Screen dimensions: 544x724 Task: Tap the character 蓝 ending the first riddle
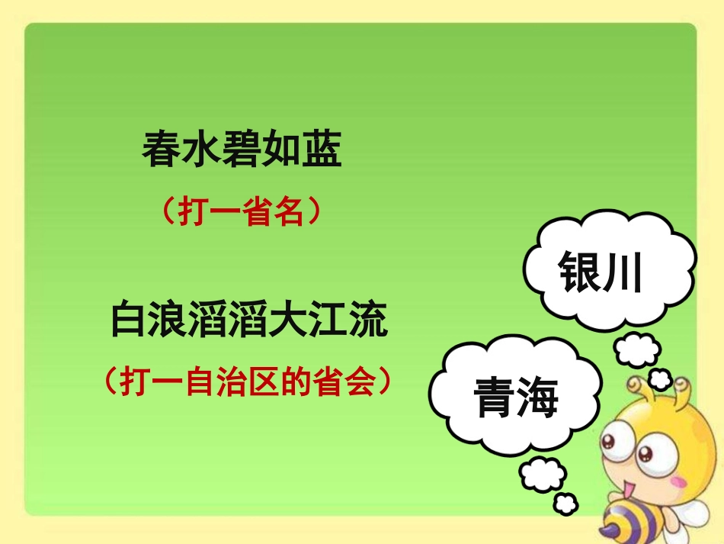322,150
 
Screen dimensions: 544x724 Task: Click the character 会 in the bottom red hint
363,381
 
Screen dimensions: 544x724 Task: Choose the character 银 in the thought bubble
581,272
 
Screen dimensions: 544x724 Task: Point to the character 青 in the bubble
495,398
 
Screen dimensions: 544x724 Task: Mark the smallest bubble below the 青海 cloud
566,504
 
